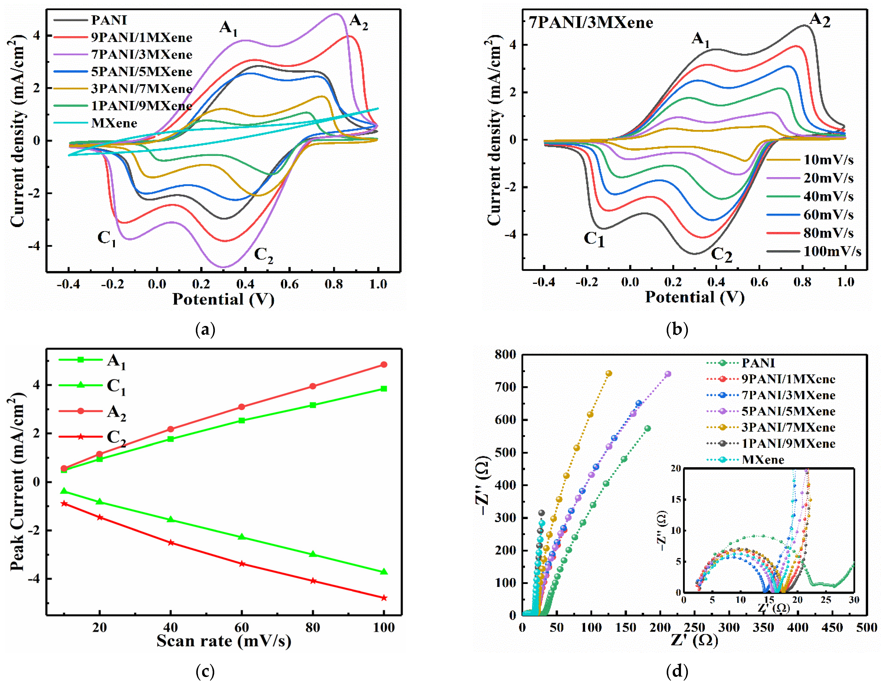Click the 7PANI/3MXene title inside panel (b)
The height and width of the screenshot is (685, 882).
click(x=591, y=22)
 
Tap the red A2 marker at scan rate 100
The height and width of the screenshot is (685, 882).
click(x=384, y=364)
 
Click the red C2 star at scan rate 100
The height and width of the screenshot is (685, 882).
click(x=384, y=598)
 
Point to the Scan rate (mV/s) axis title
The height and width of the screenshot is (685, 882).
click(x=224, y=641)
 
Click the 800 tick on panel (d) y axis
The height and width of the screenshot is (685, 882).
click(x=505, y=355)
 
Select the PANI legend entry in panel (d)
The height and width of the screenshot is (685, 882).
click(x=758, y=363)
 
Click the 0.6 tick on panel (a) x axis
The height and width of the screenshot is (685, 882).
click(x=290, y=285)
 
